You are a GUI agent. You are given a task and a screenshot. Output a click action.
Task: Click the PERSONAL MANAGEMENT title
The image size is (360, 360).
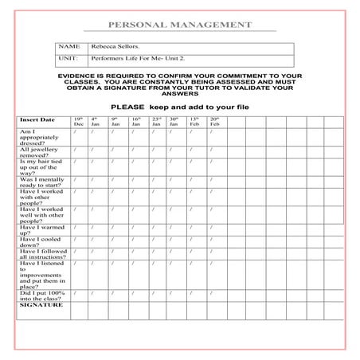coord(179,25)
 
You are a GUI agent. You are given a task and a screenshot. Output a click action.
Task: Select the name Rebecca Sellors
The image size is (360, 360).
coord(111,48)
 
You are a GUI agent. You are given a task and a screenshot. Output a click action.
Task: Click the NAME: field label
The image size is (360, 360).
coord(69,48)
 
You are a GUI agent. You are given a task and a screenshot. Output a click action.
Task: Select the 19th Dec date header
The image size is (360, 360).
coord(78,122)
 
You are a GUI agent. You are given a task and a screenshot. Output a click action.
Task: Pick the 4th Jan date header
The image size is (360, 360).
coord(96,122)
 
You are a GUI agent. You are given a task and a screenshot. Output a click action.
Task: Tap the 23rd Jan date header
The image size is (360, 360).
coord(155,122)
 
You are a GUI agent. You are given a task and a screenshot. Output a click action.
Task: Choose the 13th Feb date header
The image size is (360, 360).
coord(194,122)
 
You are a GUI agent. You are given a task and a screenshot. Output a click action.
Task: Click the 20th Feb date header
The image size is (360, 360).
coord(213,122)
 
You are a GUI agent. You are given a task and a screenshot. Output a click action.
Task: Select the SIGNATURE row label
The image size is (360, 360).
coord(40,304)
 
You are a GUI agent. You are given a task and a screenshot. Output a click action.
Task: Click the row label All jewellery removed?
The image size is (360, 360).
coord(40,152)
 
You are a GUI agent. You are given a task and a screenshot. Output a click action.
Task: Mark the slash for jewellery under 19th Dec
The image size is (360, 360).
coord(74,149)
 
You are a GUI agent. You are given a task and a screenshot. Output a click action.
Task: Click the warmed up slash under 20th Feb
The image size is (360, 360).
coord(210,227)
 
